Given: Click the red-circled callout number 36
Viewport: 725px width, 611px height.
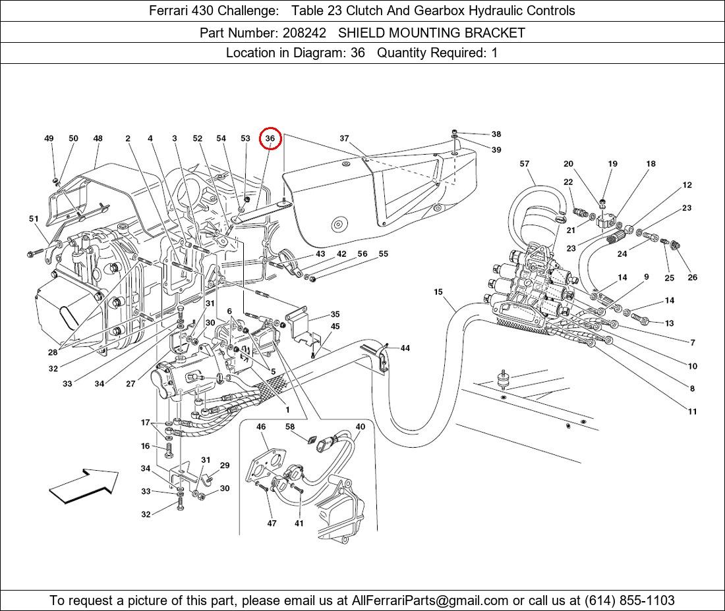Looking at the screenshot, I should tap(270, 139).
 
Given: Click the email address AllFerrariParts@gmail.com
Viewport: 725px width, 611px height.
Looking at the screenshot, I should tap(430, 600).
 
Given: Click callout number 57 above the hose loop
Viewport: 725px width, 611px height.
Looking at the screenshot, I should tap(525, 164).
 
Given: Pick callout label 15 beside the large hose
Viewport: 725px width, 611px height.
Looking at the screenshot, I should tap(438, 292).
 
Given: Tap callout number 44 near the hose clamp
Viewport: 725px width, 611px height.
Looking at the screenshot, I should tap(405, 348).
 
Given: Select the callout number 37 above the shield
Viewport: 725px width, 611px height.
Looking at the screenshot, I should tap(344, 139).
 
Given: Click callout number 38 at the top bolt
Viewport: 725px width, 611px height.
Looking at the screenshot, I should tap(496, 134).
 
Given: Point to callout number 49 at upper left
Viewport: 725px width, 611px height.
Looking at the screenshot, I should tap(49, 139).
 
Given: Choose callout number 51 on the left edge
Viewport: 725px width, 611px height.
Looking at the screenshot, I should tap(34, 219).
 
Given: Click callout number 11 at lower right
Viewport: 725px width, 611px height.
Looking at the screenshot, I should tap(692, 412).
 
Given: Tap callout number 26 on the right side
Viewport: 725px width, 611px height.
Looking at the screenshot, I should tap(692, 278).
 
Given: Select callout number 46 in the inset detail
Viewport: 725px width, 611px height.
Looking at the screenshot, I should tap(261, 427).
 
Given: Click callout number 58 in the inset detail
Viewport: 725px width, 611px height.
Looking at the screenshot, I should tap(290, 427).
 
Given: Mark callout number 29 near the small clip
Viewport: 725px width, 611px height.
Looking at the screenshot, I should tap(225, 465).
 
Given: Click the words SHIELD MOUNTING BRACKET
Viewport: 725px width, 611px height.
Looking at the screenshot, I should tap(431, 33).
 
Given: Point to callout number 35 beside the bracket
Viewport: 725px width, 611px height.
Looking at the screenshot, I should tap(335, 315).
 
